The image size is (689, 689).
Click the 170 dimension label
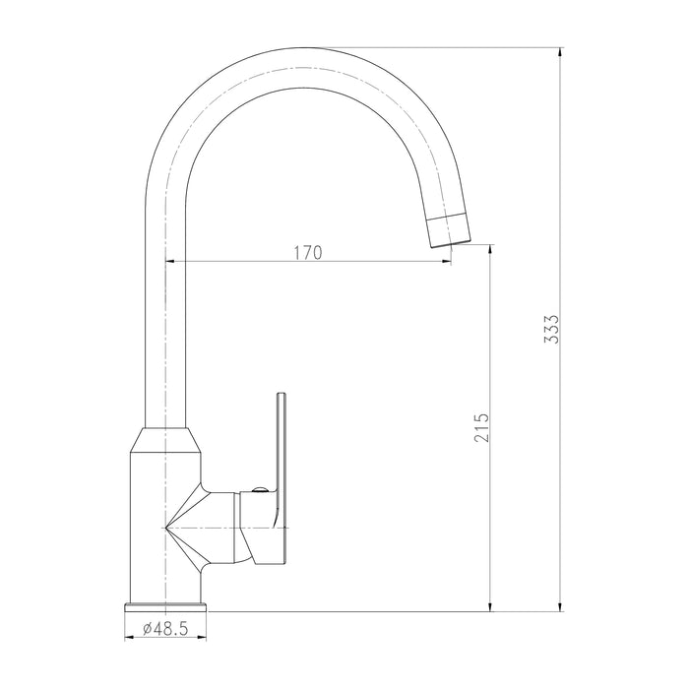307,253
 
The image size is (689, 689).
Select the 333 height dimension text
551,329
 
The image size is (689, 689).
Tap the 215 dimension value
481,427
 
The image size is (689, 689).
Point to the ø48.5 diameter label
165,629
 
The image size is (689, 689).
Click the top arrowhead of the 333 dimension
559,52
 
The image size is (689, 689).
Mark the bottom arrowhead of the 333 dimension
559,606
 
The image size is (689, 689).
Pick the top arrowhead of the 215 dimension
490,249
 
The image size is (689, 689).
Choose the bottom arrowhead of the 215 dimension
490,606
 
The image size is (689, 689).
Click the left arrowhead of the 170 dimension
170,262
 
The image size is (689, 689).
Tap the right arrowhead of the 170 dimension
446,262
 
